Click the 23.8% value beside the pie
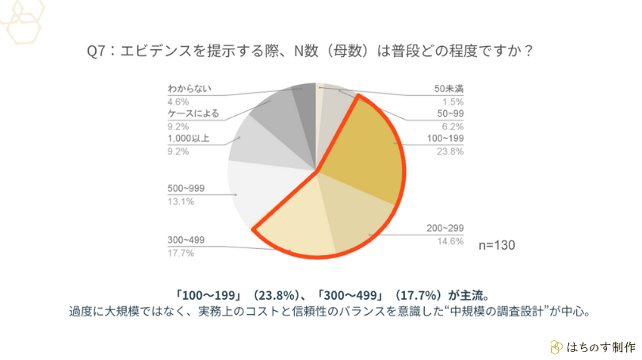pos(450,152)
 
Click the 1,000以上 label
pos(188,138)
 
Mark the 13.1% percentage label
pos(180,201)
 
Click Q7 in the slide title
pos(97,51)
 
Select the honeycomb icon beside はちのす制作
pos(557,347)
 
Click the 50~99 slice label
pos(449,113)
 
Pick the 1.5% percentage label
pos(453,101)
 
